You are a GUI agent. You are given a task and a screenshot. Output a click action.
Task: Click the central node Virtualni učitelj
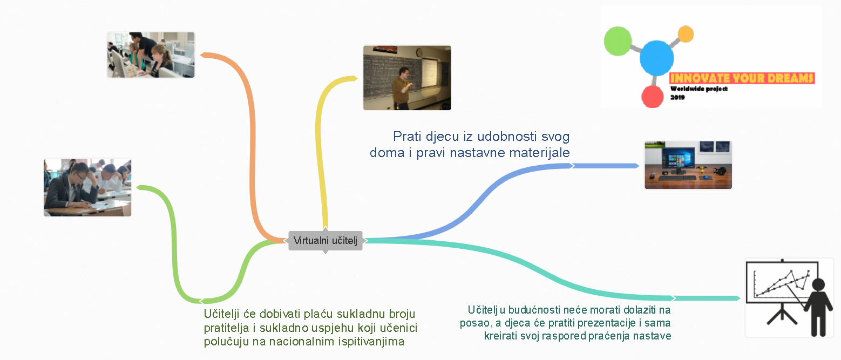[x=325, y=241]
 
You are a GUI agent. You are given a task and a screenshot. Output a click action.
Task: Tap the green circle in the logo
[x=618, y=41]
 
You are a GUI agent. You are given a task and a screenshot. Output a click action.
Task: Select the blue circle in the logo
[x=656, y=58]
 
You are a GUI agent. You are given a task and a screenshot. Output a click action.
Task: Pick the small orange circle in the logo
[x=686, y=34]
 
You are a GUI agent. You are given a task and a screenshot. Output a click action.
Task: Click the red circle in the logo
[x=653, y=97]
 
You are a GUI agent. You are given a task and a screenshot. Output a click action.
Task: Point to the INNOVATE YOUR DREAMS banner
[x=742, y=78]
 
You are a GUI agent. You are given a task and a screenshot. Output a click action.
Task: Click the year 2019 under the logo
[x=677, y=97]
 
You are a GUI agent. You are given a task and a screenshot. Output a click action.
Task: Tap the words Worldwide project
[x=698, y=89]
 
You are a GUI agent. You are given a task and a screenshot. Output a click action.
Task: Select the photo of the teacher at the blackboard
[x=407, y=78]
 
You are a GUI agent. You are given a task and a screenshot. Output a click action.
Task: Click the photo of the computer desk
[x=688, y=165]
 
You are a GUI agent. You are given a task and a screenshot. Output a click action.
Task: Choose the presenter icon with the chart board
[x=789, y=298]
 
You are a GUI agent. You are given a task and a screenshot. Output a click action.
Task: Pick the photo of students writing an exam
[x=87, y=187]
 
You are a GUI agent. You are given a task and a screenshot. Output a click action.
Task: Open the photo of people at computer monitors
[x=151, y=55]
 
